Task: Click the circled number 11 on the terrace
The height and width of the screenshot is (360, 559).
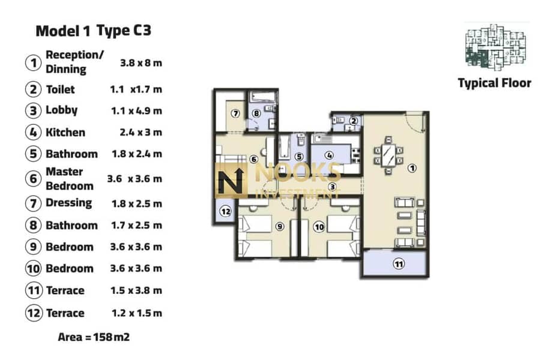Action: coord(399,264)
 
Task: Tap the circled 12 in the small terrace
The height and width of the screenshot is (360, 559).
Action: coord(226,212)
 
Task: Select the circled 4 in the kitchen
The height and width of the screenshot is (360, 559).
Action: coord(330,155)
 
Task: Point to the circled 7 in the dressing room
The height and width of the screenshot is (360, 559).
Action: coord(235,113)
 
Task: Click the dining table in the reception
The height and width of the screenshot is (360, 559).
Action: coord(388,155)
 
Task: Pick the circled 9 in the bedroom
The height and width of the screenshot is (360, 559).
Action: coord(280,226)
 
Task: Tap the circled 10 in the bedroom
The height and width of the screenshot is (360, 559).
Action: coord(319,227)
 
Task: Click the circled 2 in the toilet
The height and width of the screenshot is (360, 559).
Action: coord(353,121)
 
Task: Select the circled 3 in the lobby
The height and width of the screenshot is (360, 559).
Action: coord(332,187)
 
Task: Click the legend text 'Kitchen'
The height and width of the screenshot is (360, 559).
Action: coord(65,133)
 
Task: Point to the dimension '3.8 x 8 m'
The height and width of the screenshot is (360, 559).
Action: coord(141,63)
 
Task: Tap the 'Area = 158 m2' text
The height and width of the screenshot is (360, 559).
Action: coord(94,337)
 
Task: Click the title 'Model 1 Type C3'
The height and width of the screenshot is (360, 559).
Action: coord(94,31)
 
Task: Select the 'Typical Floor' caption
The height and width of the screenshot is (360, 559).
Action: coord(495,83)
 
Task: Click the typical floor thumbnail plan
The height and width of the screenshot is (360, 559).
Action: coord(495,46)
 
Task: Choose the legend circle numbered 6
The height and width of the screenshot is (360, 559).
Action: coord(33,179)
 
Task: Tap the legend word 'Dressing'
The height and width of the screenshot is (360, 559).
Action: coord(69,203)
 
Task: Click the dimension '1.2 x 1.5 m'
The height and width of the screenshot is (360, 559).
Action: coord(137,313)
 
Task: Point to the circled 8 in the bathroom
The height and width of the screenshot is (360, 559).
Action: coord(256,113)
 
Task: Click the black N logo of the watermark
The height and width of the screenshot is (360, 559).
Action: coord(231,181)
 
